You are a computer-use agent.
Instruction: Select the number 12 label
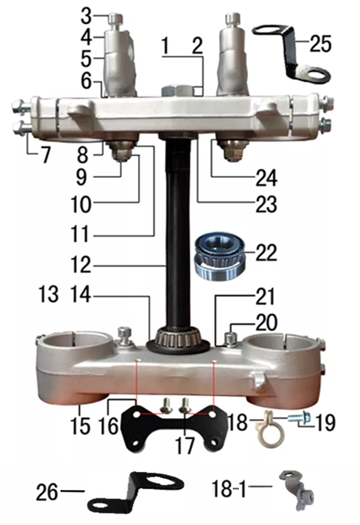tap(81, 265)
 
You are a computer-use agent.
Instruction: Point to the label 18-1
tap(229, 489)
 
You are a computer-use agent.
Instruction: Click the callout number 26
tap(47, 491)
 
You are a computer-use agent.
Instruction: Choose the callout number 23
tap(266, 204)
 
